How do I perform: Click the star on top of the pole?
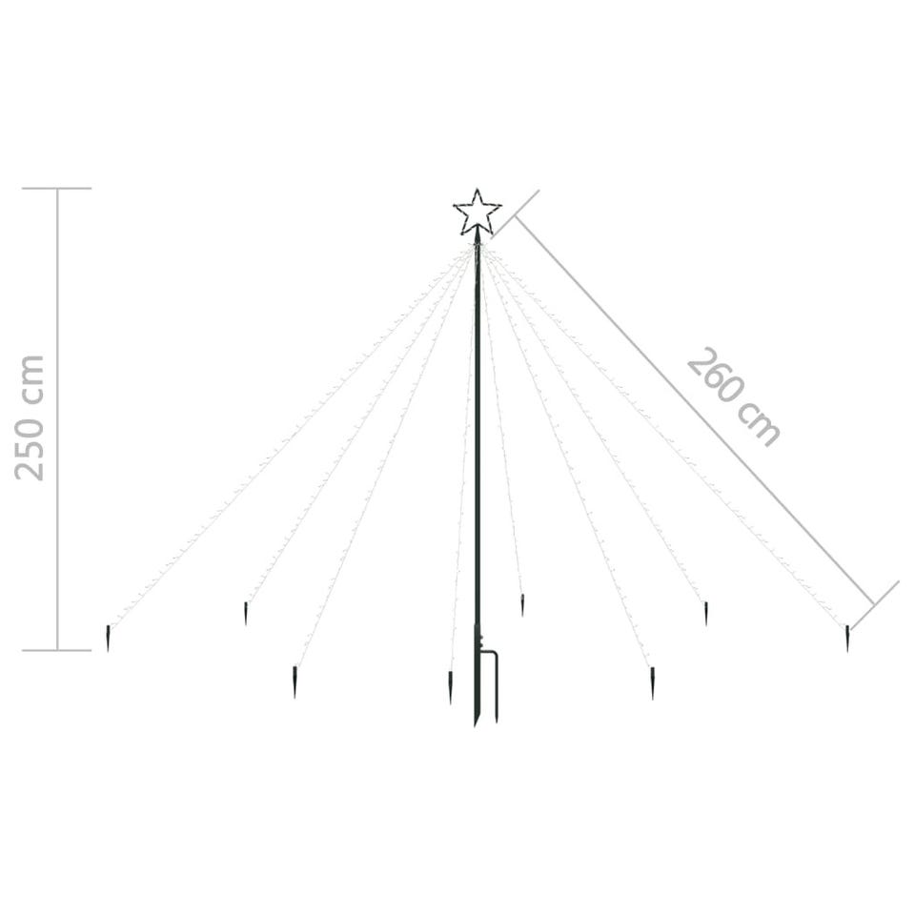pos(478,213)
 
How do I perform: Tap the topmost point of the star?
pos(478,189)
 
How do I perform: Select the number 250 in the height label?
pos(30,445)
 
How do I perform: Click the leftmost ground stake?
pos(108,638)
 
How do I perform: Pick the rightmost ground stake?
pos(847,638)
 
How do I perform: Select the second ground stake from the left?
pos(246,613)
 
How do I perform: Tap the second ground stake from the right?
pos(706,613)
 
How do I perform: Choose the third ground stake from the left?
pos(295,682)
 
